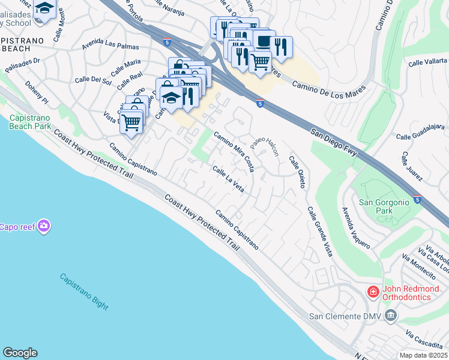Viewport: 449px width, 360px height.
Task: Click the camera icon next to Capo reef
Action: click(43, 226)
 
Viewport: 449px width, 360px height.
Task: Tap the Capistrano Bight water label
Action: click(84, 292)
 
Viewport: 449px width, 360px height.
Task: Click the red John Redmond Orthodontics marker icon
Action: click(373, 292)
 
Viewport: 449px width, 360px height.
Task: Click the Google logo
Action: click(20, 353)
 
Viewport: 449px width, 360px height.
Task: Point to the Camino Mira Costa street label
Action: click(234, 152)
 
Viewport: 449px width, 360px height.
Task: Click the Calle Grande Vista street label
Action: click(319, 232)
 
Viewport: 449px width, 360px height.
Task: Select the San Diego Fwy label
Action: click(334, 143)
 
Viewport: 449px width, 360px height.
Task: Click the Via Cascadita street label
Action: click(423, 340)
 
